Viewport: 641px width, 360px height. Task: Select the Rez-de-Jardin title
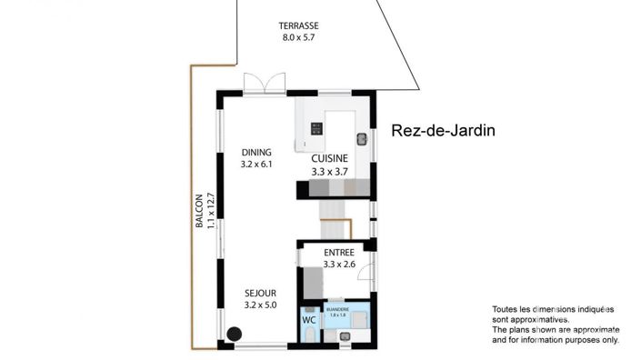[x=443, y=131]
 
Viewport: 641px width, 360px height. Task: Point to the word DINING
[x=257, y=153]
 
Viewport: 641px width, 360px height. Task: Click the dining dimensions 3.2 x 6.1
[x=257, y=165]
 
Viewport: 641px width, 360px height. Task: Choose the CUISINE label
[x=330, y=158]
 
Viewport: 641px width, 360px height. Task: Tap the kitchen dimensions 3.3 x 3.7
[x=330, y=170]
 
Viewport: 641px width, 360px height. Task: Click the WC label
[x=308, y=319]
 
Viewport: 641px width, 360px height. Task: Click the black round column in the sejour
[x=234, y=335]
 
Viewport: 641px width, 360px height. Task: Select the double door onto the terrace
[x=265, y=83]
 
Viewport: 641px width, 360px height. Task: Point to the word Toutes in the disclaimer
[x=506, y=308]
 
